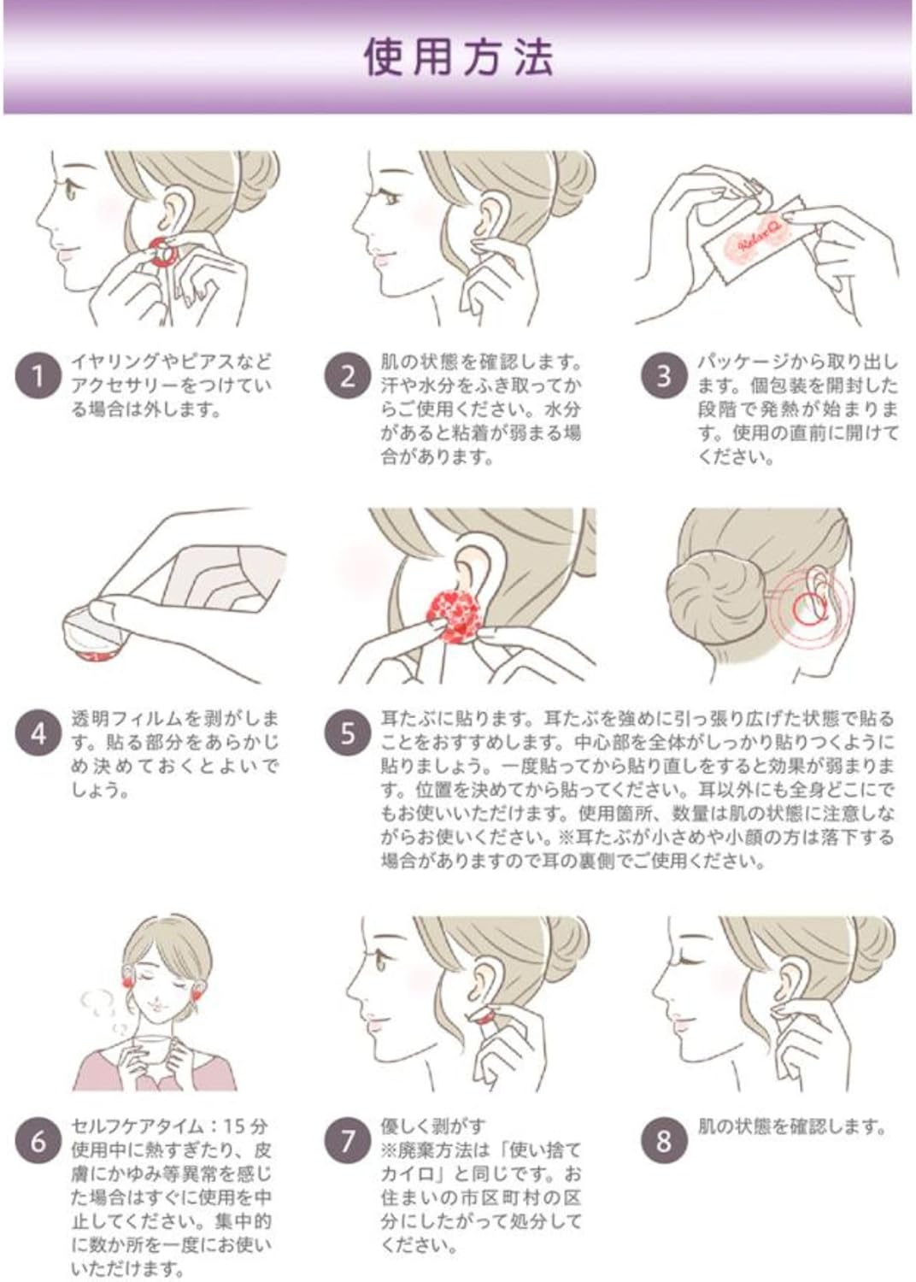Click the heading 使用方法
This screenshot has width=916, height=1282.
tap(458, 58)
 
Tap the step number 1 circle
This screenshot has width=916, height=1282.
tap(38, 377)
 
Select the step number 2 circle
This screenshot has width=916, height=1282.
tap(348, 377)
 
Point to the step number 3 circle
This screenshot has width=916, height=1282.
tap(663, 377)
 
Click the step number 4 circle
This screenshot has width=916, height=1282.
tap(38, 733)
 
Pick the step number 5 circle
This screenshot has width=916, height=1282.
tap(348, 733)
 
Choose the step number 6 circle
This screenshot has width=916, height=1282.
tap(38, 1141)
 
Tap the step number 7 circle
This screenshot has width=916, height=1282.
tap(348, 1141)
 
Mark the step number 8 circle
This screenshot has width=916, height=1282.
tap(663, 1141)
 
